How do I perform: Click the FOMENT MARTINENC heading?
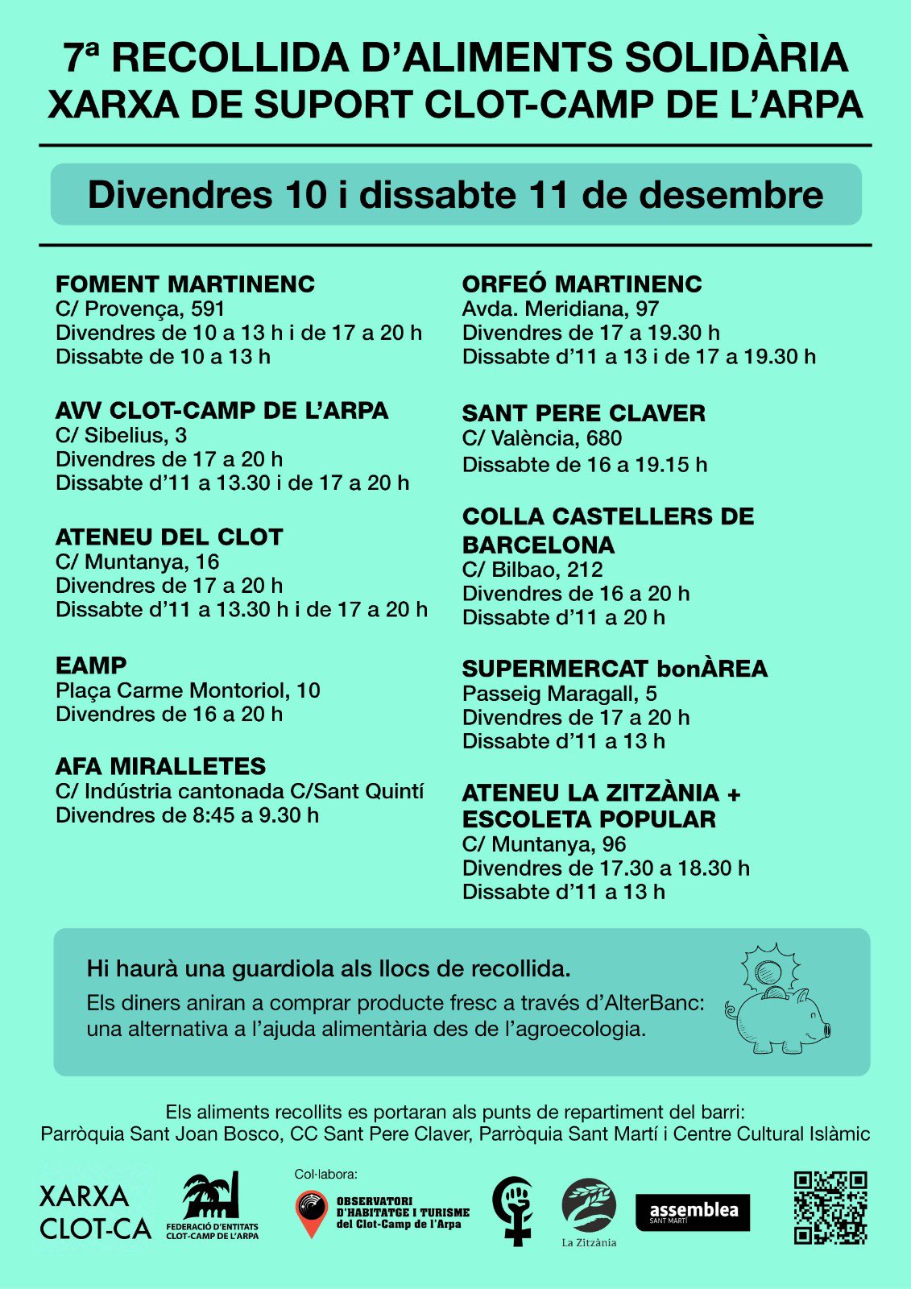pyautogui.click(x=185, y=284)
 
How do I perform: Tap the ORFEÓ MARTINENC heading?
pyautogui.click(x=582, y=284)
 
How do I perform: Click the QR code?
pyautogui.click(x=830, y=1208)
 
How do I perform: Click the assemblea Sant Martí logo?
pyautogui.click(x=693, y=1212)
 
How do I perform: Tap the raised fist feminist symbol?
pyautogui.click(x=513, y=1210)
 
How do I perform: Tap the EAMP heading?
pyautogui.click(x=91, y=666)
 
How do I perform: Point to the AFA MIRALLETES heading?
pyautogui.click(x=160, y=766)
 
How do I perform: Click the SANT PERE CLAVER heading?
pyautogui.click(x=583, y=413)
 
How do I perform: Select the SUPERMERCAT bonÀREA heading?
pyautogui.click(x=615, y=669)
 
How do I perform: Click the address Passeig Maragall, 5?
pyautogui.click(x=559, y=694)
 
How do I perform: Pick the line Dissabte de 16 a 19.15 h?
pyautogui.click(x=584, y=465)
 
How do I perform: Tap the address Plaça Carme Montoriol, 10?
pyautogui.click(x=188, y=690)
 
